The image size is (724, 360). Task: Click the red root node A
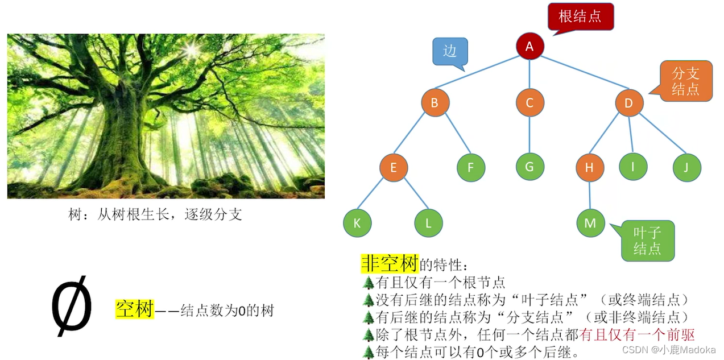click(530, 46)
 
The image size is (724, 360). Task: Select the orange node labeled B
click(435, 103)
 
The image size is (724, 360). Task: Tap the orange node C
click(530, 103)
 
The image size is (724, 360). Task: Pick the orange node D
click(629, 103)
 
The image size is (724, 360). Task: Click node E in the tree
click(394, 167)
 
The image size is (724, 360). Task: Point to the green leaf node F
click(471, 167)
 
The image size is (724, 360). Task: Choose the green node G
click(530, 167)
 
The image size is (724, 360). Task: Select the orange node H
click(589, 167)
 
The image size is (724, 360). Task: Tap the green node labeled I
click(633, 167)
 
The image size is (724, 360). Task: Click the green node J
click(686, 167)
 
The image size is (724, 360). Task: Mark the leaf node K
click(357, 223)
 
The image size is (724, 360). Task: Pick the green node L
click(428, 223)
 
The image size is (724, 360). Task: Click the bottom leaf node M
click(590, 223)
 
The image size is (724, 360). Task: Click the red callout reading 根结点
click(580, 16)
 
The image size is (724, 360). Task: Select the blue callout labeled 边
click(450, 51)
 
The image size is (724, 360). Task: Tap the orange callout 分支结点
click(685, 81)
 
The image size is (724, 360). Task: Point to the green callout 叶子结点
click(647, 240)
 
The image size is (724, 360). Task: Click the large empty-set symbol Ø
click(72, 306)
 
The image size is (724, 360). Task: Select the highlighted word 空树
click(134, 309)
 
